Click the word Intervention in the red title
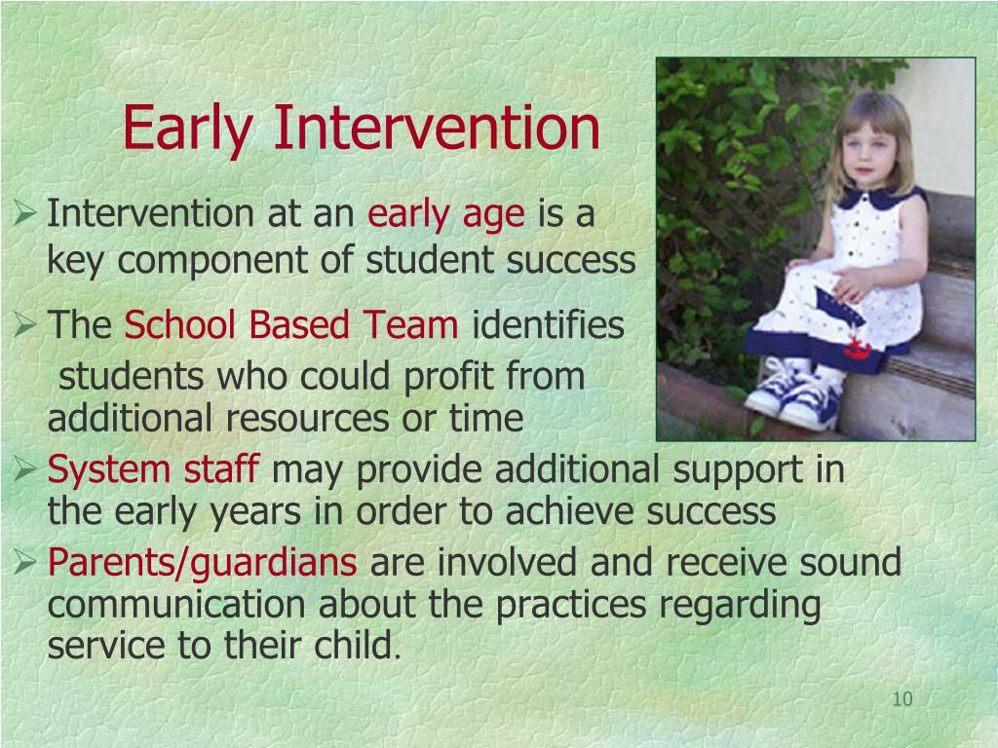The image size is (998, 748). click(x=438, y=128)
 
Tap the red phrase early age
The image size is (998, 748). click(x=446, y=215)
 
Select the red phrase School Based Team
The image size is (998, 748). click(x=290, y=324)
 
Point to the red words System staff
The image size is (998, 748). click(x=153, y=469)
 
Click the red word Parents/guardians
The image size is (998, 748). click(x=203, y=563)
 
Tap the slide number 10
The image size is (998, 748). click(x=902, y=699)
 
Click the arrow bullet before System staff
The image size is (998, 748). click(x=24, y=469)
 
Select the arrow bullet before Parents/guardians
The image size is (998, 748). click(x=24, y=562)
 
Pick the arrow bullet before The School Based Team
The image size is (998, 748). click(x=24, y=324)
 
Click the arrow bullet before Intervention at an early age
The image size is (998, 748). click(x=24, y=213)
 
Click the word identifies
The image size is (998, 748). click(x=548, y=324)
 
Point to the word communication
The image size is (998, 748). click(x=176, y=604)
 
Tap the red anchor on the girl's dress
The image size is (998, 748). click(x=856, y=349)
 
